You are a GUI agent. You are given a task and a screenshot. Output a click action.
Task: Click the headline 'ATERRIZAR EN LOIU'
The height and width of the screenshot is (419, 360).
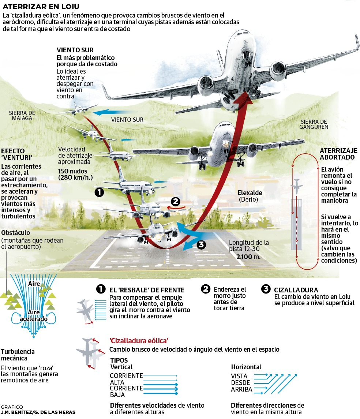[41, 7]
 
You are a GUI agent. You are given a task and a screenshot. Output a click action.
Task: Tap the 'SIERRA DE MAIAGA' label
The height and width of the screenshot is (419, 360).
[22, 116]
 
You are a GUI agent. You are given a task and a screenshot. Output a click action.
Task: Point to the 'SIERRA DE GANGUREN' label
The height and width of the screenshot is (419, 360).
[314, 124]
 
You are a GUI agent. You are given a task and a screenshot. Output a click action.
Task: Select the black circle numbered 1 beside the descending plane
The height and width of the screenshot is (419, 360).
[99, 192]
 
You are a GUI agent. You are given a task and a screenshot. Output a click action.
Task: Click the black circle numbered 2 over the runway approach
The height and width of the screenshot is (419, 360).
[176, 201]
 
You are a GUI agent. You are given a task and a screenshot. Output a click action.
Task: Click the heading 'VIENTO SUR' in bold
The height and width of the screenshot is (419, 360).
[75, 50]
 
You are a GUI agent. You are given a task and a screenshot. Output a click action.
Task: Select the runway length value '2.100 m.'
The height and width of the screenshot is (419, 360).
[248, 257]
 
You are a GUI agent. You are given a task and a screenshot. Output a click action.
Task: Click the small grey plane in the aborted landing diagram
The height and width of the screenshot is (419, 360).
[297, 186]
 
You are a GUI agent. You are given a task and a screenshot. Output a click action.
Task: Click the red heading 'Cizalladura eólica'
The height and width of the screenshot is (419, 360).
[139, 340]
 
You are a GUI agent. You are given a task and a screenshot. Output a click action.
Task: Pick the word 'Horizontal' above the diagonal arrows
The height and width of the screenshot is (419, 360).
[246, 367]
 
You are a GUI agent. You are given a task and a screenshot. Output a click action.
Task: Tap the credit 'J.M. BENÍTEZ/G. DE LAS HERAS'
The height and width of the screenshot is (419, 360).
[38, 412]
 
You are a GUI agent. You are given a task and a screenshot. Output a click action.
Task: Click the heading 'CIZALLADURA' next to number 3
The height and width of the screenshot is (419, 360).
[296, 290]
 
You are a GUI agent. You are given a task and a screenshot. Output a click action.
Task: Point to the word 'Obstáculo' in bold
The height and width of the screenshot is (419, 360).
[16, 233]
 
